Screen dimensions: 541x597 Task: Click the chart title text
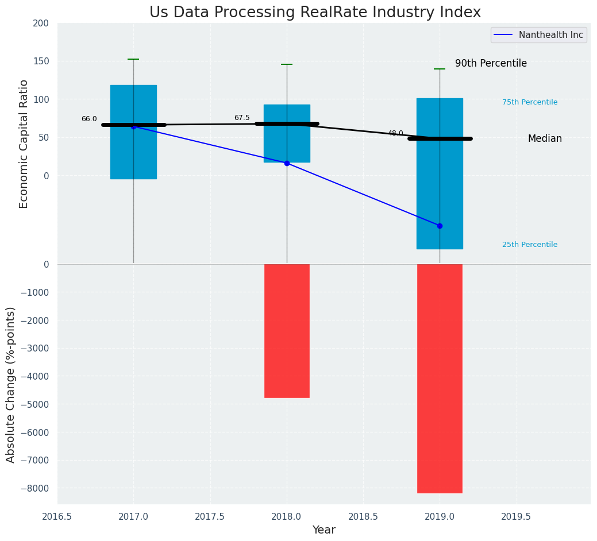tap(315, 13)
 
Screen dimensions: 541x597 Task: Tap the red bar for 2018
tap(287, 331)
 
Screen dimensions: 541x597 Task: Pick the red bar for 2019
tap(440, 378)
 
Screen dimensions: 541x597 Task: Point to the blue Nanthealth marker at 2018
tap(287, 163)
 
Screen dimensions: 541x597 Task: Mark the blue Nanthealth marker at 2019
tap(440, 226)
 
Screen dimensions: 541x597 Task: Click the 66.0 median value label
tap(89, 119)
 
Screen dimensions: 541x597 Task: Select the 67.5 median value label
tap(242, 118)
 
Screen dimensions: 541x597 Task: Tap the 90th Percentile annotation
tap(491, 64)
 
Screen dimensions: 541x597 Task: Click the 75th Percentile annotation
tap(530, 103)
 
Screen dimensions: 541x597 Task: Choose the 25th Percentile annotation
tap(530, 245)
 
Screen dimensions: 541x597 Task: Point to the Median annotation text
tap(545, 139)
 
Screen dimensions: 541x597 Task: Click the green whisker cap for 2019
tap(440, 69)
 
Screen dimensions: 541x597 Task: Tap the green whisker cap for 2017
tap(133, 59)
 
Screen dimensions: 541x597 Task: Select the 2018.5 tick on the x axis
tap(363, 517)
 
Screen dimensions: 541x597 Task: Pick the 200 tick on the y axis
tap(49, 24)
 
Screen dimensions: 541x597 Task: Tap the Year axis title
tap(324, 530)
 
